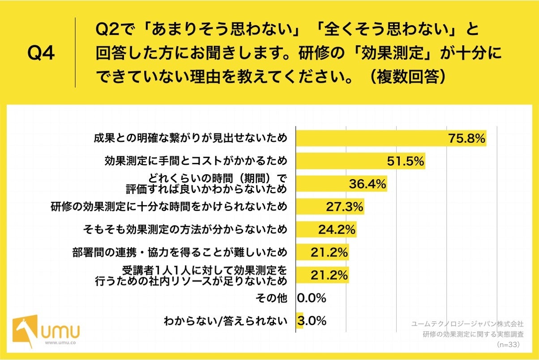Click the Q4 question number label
click(x=41, y=53)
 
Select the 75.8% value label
click(x=467, y=139)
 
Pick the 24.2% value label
click(x=337, y=230)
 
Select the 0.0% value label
click(x=312, y=298)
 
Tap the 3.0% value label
click(x=312, y=321)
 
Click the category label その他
click(x=271, y=298)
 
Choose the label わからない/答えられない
click(x=225, y=321)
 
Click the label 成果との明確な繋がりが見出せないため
click(x=190, y=138)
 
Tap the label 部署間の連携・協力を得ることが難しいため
click(x=180, y=252)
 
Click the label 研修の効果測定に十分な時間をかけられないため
click(x=168, y=207)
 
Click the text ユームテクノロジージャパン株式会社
click(x=467, y=323)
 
